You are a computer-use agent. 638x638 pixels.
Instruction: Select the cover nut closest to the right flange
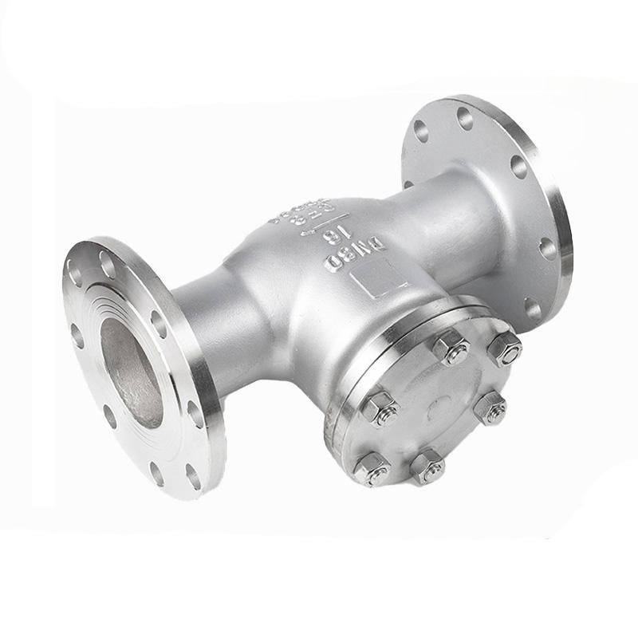504,349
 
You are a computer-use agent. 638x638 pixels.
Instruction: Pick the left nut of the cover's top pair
451,347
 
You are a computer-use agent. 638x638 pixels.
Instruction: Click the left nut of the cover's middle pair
381,408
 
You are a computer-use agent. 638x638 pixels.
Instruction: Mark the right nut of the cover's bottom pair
427,466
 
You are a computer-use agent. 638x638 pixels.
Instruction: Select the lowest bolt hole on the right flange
532,307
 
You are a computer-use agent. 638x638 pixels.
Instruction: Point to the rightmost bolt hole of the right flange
548,248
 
